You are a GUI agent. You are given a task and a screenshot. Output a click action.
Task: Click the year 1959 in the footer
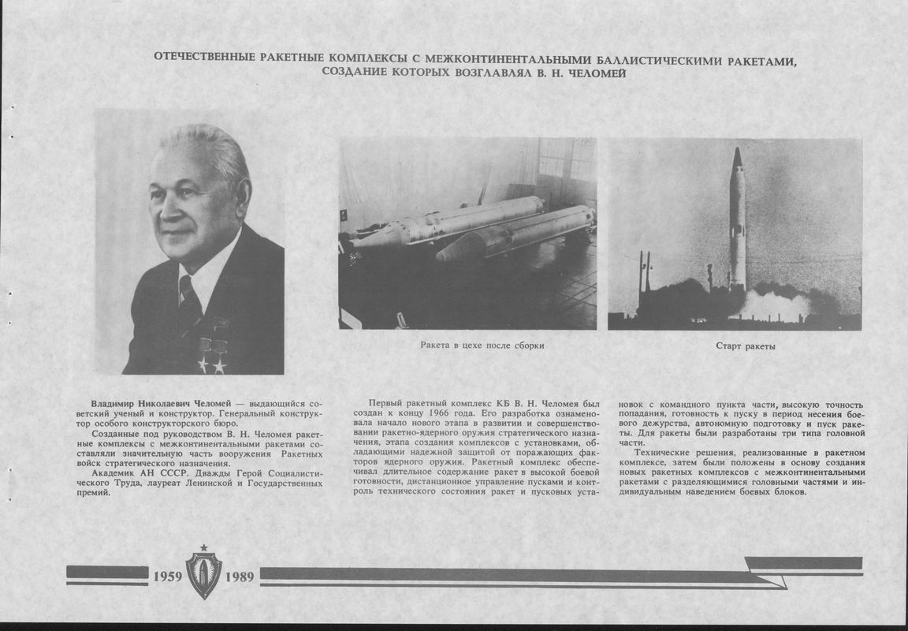168,577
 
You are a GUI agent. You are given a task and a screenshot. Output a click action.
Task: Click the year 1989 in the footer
240,577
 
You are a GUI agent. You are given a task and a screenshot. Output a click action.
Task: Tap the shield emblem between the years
203,575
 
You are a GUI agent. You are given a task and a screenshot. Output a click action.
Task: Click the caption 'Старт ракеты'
745,346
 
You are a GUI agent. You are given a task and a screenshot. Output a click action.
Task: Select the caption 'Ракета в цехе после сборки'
482,345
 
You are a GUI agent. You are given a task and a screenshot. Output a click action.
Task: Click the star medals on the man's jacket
212,364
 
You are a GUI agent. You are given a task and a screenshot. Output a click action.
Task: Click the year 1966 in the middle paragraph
445,414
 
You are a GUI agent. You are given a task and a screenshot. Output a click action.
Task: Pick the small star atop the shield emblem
203,547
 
